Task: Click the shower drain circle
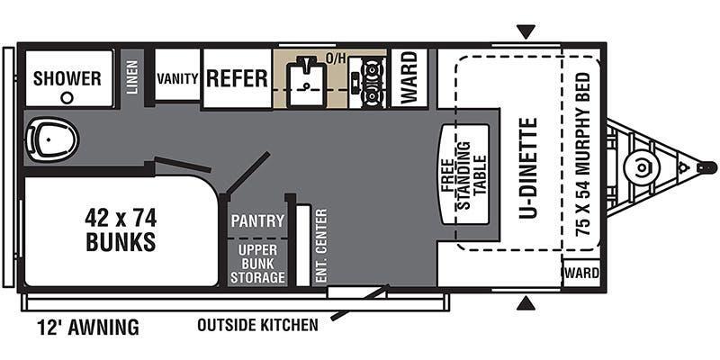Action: point(67,97)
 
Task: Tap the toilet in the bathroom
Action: point(51,139)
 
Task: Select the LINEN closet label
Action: point(132,77)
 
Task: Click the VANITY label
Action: point(177,78)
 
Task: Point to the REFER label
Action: point(237,78)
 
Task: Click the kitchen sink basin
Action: point(306,84)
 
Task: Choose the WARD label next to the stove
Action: point(409,77)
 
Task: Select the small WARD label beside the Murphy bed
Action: point(582,274)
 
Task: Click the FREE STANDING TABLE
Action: point(464,175)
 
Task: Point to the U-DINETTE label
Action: point(528,168)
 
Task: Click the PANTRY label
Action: point(257,220)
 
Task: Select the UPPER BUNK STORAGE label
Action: point(257,264)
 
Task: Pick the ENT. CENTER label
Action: point(321,245)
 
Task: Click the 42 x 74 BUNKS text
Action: point(121,229)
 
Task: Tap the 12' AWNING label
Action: point(88,328)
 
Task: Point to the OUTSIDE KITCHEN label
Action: point(257,325)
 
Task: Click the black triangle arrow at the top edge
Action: point(526,32)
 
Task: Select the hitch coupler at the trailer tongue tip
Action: point(706,167)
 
